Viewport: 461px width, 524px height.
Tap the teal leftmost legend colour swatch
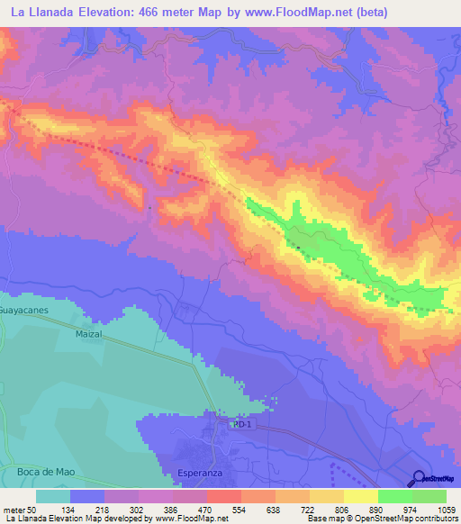(x=53, y=496)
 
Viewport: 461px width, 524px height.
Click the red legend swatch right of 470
(x=223, y=496)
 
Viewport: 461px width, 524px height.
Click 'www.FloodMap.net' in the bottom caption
(x=190, y=519)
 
